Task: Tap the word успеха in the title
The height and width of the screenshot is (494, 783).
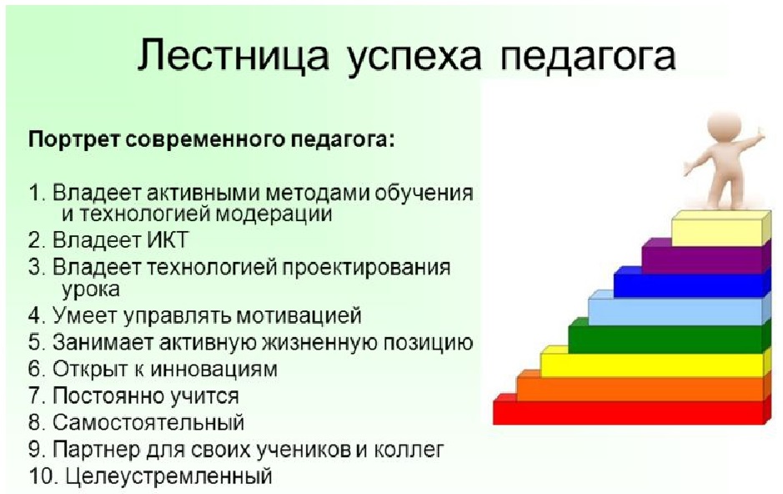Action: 414,58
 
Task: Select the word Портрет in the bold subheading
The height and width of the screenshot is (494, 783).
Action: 74,139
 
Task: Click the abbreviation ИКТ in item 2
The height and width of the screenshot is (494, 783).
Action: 168,240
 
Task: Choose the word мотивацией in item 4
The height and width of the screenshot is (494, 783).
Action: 299,315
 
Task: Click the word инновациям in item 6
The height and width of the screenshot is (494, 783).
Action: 213,369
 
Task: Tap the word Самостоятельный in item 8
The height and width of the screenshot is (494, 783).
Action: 148,422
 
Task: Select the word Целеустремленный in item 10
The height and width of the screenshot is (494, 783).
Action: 168,476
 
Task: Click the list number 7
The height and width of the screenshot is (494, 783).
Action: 37,396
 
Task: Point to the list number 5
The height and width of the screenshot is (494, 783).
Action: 37,343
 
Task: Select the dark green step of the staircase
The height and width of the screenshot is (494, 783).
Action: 669,338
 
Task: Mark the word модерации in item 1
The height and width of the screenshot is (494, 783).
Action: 275,214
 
